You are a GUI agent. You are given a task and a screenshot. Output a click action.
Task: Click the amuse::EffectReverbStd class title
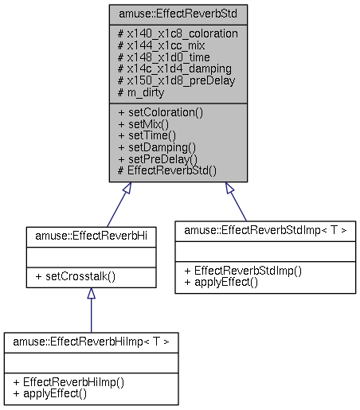(x=178, y=14)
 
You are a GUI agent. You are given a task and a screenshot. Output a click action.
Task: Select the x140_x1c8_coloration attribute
(x=178, y=34)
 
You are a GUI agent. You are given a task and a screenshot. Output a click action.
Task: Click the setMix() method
(x=144, y=124)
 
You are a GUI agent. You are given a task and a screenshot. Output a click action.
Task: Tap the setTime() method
(x=147, y=135)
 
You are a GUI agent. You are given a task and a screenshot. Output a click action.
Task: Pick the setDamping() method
(x=157, y=147)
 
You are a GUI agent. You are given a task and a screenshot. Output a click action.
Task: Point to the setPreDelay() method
(x=158, y=158)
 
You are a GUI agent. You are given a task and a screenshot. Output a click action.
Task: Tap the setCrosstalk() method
(x=74, y=277)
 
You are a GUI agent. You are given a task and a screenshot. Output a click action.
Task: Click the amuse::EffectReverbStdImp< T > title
(x=264, y=229)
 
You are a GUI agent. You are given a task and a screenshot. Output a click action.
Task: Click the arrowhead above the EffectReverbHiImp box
(x=91, y=294)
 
